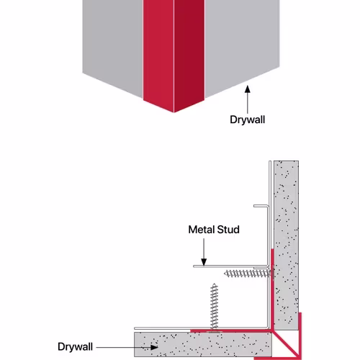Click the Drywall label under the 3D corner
(x=248, y=120)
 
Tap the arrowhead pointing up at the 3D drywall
(x=248, y=89)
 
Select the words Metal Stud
(x=214, y=230)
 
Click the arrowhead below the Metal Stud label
(x=204, y=261)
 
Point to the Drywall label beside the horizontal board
(x=75, y=347)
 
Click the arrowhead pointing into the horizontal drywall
(x=154, y=347)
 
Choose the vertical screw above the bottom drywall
(x=214, y=308)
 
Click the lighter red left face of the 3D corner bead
(x=158, y=53)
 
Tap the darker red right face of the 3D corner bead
(x=189, y=53)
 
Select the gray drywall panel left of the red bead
(x=113, y=43)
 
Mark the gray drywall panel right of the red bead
(x=242, y=43)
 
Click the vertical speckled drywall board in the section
(x=287, y=246)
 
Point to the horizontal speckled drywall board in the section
(x=203, y=344)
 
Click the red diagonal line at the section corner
(x=286, y=344)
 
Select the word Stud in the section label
(x=228, y=230)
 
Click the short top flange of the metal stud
(x=261, y=206)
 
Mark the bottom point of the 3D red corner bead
(x=174, y=112)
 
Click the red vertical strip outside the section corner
(x=300, y=336)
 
